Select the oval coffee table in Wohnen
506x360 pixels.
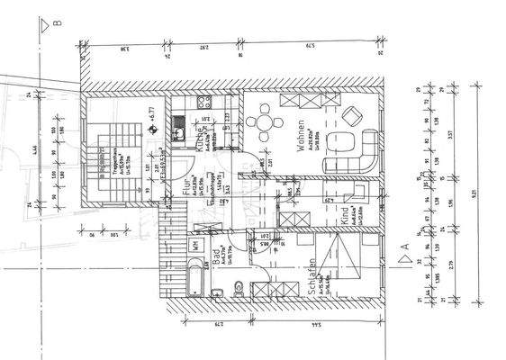click(x=339, y=141)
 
